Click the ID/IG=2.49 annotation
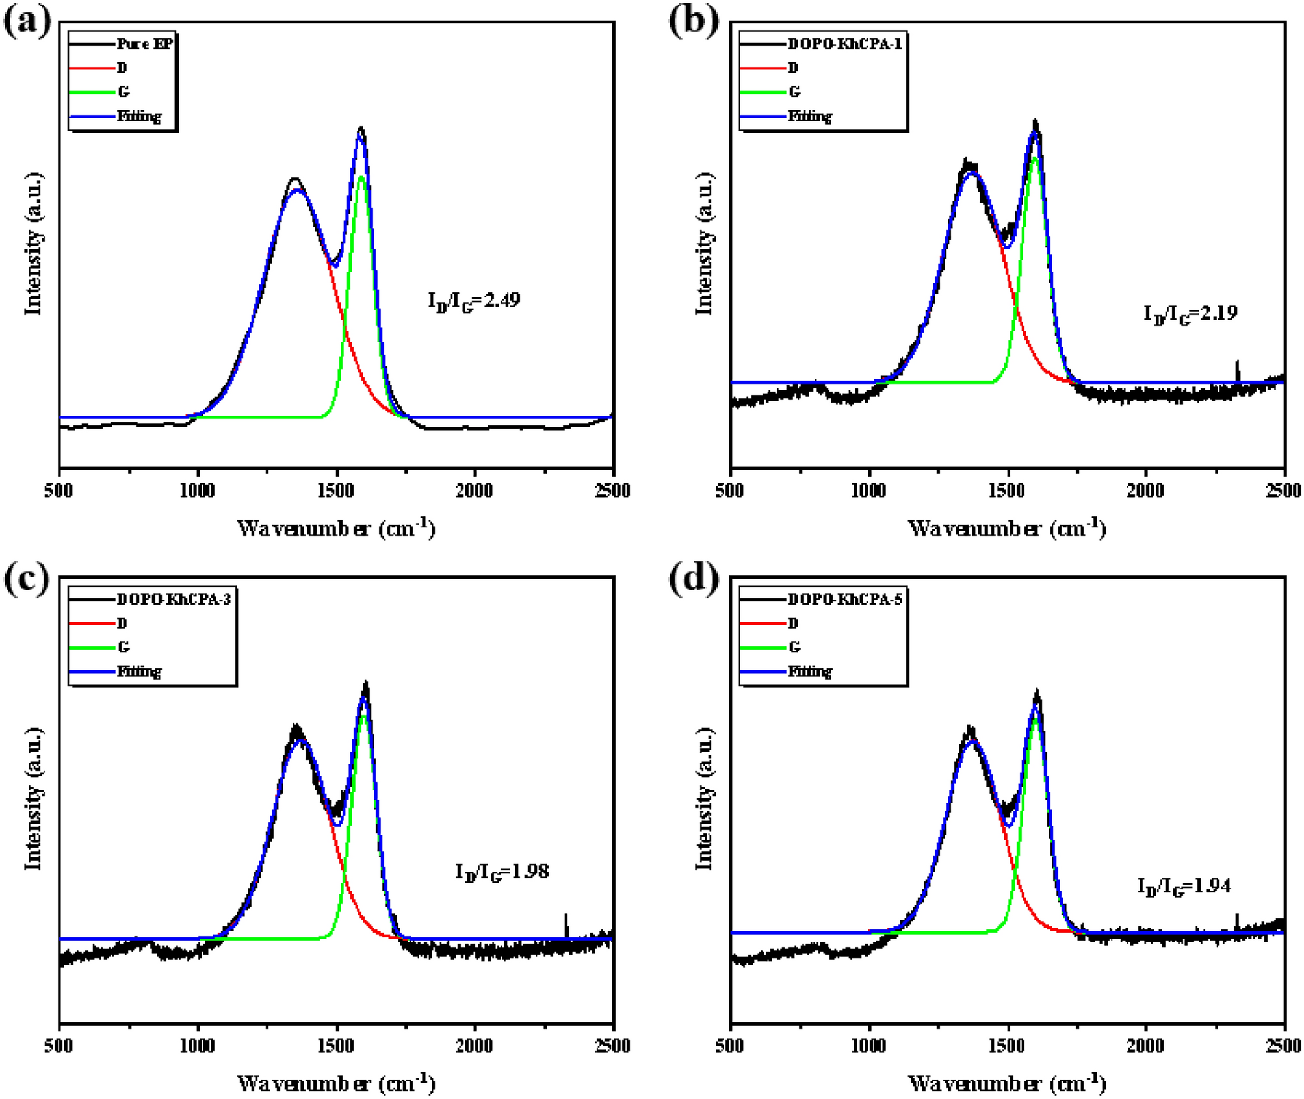click(474, 301)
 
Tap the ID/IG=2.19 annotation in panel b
click(1190, 314)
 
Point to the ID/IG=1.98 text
click(502, 872)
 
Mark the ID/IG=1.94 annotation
click(1184, 887)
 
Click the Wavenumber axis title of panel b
click(1006, 527)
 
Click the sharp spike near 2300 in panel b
click(1237, 370)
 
